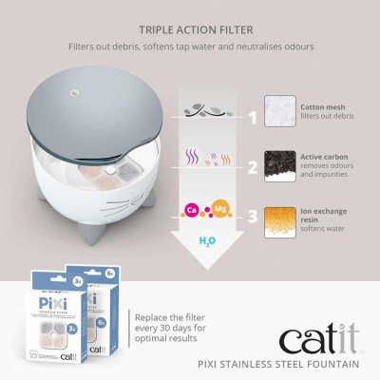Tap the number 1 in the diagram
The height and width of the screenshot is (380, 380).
click(253, 120)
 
